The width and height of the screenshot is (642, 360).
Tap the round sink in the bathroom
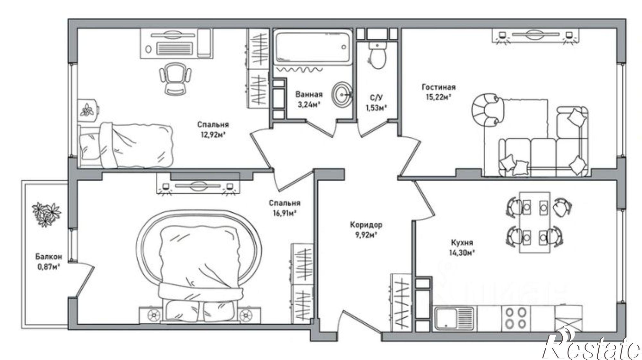tap(342, 94)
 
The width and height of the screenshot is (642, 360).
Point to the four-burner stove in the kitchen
tap(516, 317)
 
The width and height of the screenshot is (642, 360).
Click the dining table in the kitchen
tap(534, 222)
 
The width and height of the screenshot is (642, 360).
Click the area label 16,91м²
tap(284, 213)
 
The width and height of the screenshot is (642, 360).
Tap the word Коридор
tap(366, 225)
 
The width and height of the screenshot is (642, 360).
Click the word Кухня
tap(462, 243)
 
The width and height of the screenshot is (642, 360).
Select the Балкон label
tap(48, 257)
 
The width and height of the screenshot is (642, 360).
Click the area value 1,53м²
tap(376, 108)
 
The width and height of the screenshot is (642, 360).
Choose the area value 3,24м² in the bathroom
tap(309, 105)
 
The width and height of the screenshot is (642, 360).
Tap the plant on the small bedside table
tap(87, 109)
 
